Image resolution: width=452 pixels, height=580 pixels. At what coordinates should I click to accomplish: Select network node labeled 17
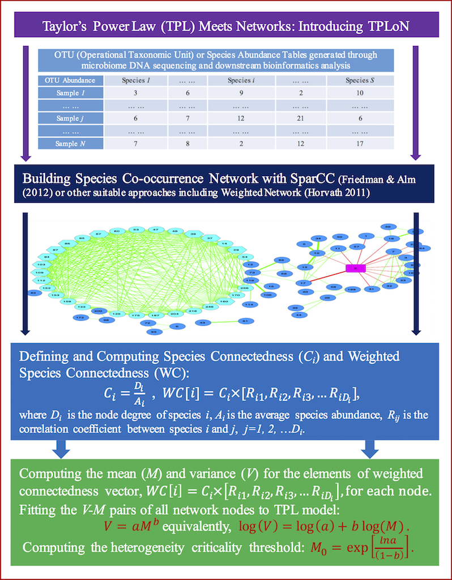(x=304, y=283)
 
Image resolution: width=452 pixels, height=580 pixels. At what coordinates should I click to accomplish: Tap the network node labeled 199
(x=351, y=289)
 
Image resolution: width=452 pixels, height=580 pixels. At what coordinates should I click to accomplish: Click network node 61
(x=245, y=321)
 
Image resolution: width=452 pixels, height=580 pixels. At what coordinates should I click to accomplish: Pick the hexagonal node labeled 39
(x=193, y=233)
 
